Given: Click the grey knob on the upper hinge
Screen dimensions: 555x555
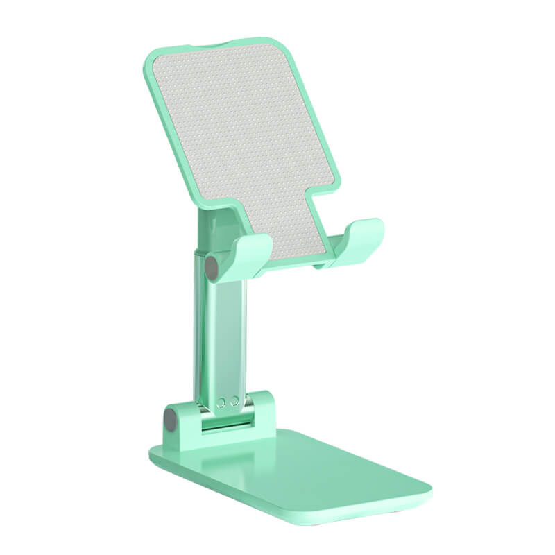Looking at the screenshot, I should pyautogui.click(x=211, y=268).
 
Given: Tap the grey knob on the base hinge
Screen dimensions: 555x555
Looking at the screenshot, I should pyautogui.click(x=169, y=418).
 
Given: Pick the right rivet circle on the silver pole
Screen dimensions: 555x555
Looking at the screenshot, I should pyautogui.click(x=235, y=400).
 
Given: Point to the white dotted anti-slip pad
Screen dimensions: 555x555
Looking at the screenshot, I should pyautogui.click(x=243, y=139).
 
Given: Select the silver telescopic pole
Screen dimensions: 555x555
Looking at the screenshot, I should pyautogui.click(x=220, y=333).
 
